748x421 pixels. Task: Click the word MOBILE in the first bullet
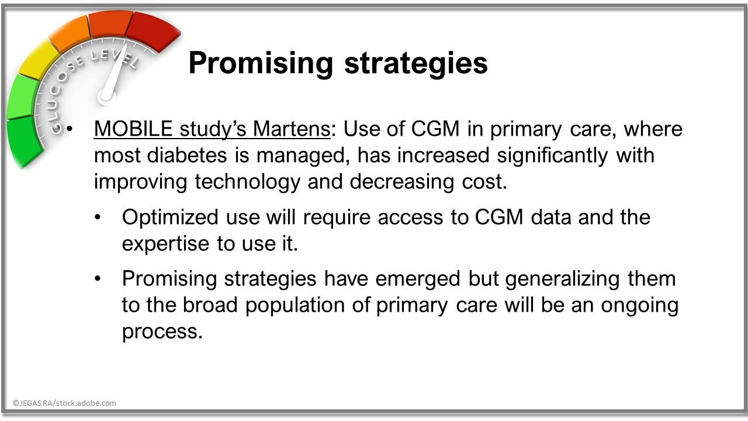pos(133,128)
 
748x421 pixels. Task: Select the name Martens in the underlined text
pos(292,128)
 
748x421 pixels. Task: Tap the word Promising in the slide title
pos(261,64)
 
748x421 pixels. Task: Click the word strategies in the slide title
pos(416,64)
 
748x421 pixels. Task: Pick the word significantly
pos(552,156)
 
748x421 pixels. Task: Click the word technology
pos(247,182)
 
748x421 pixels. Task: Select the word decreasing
pos(401,182)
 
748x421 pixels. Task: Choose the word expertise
pos(165,244)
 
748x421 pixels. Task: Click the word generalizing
pos(562,279)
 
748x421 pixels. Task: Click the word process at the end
pos(162,333)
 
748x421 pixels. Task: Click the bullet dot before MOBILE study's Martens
pos(70,129)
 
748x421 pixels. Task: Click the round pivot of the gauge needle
pos(107,96)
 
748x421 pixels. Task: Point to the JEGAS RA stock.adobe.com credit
pos(64,403)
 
